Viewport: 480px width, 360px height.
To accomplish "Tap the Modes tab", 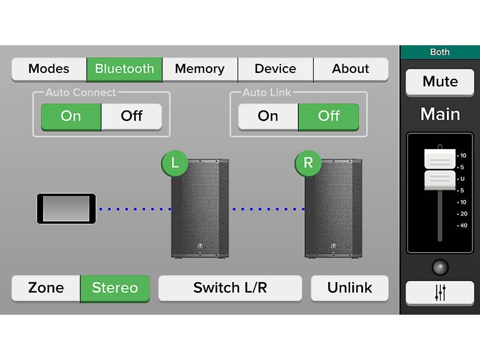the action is point(49,69).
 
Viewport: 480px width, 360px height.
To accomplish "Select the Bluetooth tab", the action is point(124,69).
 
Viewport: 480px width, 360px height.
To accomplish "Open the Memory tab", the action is point(200,69).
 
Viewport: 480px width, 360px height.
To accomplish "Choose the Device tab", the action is point(276,69).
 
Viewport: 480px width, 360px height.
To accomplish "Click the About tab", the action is point(351,69).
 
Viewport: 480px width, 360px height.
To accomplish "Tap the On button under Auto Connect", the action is point(71,117).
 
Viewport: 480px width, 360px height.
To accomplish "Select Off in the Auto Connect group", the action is point(131,117).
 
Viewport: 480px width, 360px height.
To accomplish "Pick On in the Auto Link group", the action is point(268,117).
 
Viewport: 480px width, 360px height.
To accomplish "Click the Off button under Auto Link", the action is point(329,117).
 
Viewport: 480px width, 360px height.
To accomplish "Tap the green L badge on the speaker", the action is point(175,163).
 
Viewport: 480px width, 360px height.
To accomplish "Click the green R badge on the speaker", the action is point(308,163).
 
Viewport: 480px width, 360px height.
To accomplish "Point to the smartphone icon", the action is point(66,209).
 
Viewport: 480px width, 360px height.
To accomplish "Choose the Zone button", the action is point(46,288).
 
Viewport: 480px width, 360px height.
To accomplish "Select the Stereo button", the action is point(115,288).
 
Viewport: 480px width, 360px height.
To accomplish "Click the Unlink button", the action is point(350,288).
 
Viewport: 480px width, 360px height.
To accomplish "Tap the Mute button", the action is point(440,82).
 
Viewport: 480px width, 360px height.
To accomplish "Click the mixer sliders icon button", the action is point(440,293).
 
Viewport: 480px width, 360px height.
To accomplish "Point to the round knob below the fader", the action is point(440,268).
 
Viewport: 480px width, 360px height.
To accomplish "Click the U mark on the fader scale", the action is point(462,179).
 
